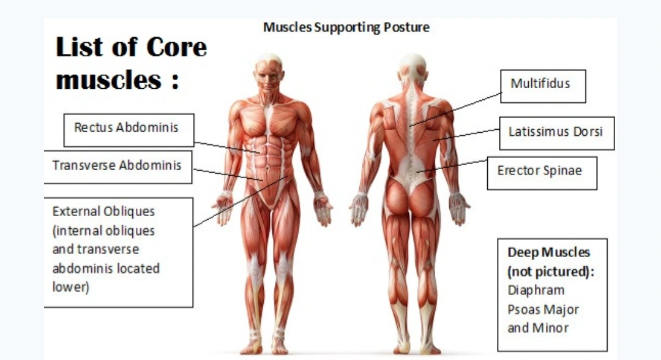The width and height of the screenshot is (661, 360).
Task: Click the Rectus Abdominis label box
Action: [x=129, y=129]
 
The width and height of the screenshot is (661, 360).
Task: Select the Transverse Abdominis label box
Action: [x=117, y=166]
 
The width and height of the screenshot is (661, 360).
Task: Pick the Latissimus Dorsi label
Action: [x=556, y=133]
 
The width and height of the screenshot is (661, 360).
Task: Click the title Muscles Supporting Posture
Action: [x=346, y=28]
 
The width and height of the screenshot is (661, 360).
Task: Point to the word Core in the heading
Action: [x=176, y=48]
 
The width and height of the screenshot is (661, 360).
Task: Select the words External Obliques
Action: [x=103, y=212]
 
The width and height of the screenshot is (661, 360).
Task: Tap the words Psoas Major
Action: [x=543, y=309]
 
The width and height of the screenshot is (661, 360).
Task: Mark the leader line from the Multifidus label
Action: [x=456, y=109]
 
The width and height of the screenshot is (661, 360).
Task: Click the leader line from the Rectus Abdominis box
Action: [x=226, y=147]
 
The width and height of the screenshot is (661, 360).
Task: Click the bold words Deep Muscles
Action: [x=548, y=253]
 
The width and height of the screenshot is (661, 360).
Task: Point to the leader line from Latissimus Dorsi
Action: [x=468, y=135]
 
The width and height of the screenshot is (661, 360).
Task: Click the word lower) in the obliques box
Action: [x=71, y=287]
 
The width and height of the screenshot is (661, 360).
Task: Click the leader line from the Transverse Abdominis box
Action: [x=226, y=174]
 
